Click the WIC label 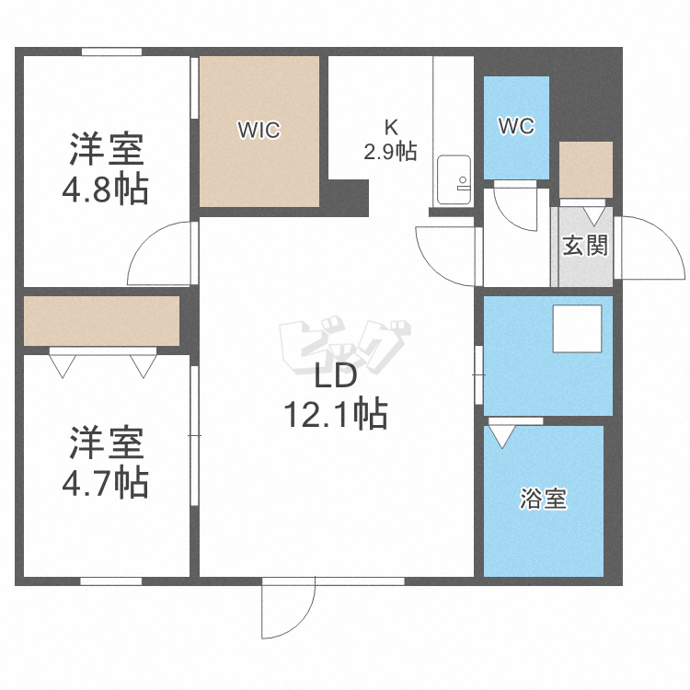pyautogui.click(x=259, y=130)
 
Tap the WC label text pyautogui.click(x=516, y=127)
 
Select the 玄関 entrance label pyautogui.click(x=585, y=246)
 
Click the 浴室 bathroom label pyautogui.click(x=543, y=500)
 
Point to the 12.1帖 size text pyautogui.click(x=334, y=415)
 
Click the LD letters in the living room pyautogui.click(x=335, y=377)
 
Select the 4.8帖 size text pyautogui.click(x=106, y=190)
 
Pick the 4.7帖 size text pyautogui.click(x=106, y=481)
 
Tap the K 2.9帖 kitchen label pyautogui.click(x=390, y=140)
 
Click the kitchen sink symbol pyautogui.click(x=454, y=179)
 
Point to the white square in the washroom pyautogui.click(x=577, y=328)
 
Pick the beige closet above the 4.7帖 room pyautogui.click(x=101, y=320)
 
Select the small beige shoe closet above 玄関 pyautogui.click(x=585, y=169)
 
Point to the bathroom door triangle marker pyautogui.click(x=501, y=433)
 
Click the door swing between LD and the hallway pyautogui.click(x=447, y=254)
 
